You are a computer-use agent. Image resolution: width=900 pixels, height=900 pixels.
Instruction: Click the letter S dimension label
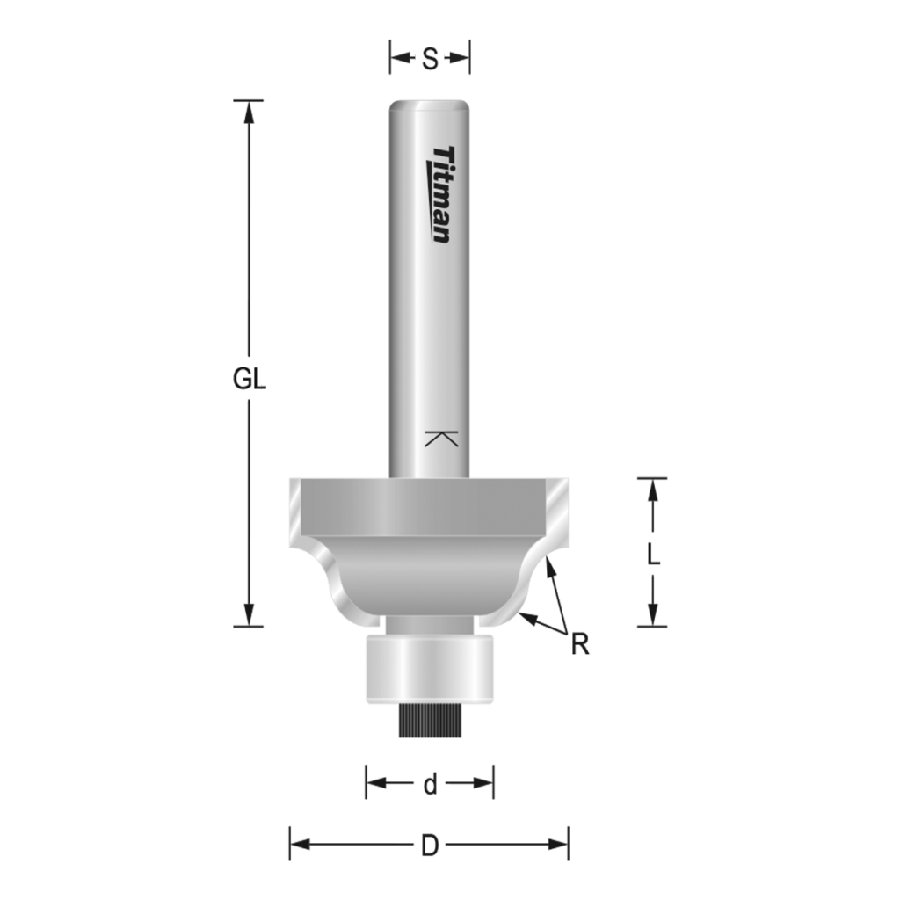tap(430, 59)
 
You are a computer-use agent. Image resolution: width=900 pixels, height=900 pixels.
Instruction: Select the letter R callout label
tap(579, 645)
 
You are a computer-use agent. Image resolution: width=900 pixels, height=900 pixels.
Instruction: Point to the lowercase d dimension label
tap(430, 785)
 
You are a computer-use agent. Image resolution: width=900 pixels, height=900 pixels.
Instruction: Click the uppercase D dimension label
tap(430, 846)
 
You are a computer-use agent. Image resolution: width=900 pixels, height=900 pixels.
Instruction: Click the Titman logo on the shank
tap(445, 194)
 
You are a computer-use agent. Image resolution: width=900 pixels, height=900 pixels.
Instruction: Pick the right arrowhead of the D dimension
tap(559, 845)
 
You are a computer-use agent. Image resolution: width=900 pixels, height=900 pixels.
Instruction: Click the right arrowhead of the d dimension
tap(483, 782)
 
